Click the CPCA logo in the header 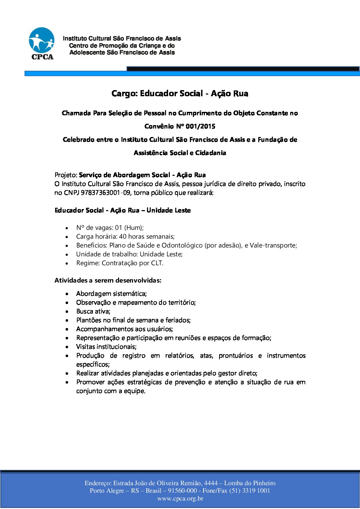[x=42, y=44]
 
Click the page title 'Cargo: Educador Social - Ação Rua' [x=180, y=94]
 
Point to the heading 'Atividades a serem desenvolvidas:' [x=108, y=281]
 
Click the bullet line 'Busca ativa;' [x=93, y=311]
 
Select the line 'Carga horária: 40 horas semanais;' [x=125, y=237]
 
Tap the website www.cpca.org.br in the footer [x=180, y=499]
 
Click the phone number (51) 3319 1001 [x=249, y=491]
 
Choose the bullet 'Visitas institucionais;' [x=106, y=347]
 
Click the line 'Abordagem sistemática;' [x=111, y=294]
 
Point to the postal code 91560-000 [x=182, y=491]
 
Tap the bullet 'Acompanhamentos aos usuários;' [x=125, y=329]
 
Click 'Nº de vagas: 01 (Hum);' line [x=110, y=228]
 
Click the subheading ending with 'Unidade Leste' [x=122, y=210]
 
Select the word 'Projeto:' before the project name [x=66, y=175]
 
